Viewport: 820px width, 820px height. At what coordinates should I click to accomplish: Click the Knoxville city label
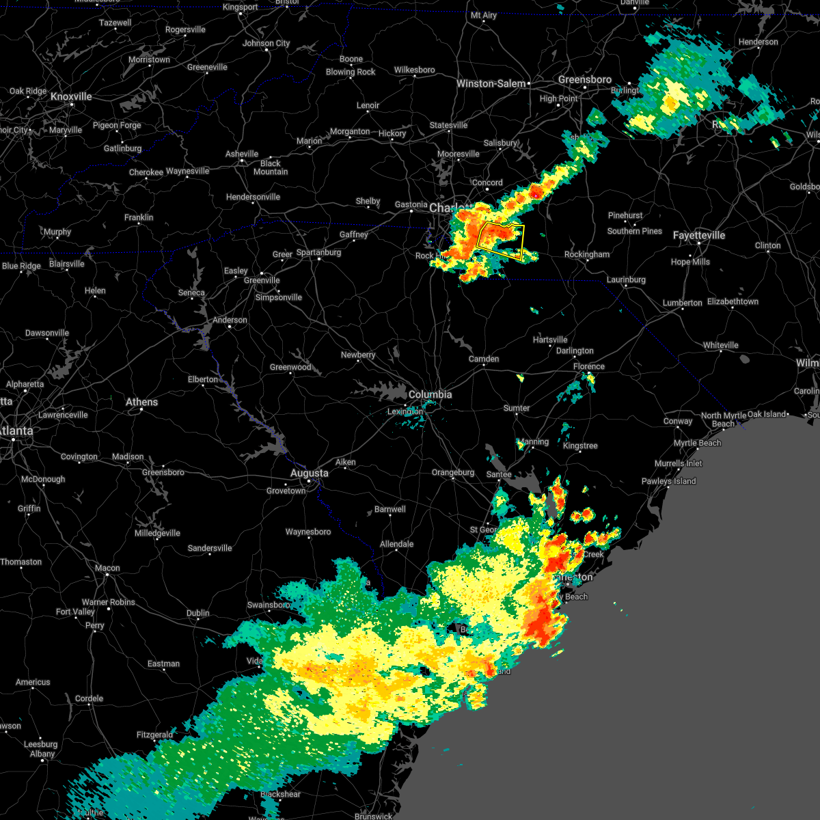pos(71,97)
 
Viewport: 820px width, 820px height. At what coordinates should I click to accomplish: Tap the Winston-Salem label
pos(491,84)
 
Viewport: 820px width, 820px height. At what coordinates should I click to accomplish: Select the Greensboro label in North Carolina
pos(584,80)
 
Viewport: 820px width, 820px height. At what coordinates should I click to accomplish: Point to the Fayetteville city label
pos(698,236)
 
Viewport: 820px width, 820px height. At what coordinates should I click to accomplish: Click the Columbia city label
pos(430,395)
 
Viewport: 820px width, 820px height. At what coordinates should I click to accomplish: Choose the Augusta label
pos(309,474)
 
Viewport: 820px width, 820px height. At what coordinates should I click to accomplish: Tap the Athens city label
pos(141,402)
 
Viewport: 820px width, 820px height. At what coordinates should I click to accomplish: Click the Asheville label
pos(242,154)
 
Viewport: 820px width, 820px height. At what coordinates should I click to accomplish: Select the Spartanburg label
pos(318,253)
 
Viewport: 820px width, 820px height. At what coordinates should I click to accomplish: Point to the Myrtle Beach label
pos(697,443)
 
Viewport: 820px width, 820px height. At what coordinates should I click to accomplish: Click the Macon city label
pos(107,569)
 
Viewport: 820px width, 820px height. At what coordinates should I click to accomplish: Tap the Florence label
pos(588,367)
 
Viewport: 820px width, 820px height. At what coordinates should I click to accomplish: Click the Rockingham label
pos(586,255)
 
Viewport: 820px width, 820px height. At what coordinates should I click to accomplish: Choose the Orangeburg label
pos(452,473)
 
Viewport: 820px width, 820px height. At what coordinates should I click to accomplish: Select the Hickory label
pos(392,134)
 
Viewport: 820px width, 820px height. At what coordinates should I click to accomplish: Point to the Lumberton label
pos(682,303)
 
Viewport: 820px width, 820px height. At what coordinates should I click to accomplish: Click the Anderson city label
pos(230,320)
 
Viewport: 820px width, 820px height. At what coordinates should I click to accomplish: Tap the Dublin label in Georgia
pos(198,614)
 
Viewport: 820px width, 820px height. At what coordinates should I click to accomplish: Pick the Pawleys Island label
pos(668,482)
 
